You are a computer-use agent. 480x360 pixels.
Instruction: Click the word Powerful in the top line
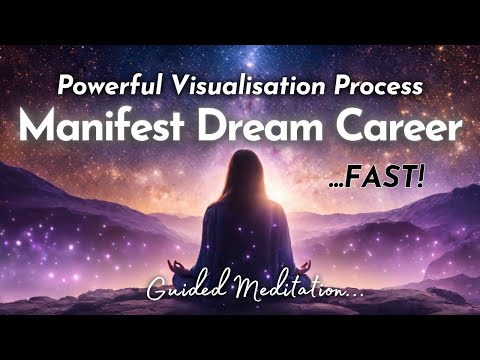tap(100, 85)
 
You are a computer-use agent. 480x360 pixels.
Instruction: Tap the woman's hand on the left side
tap(180, 268)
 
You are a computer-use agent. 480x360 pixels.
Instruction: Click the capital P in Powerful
tap(65, 85)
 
